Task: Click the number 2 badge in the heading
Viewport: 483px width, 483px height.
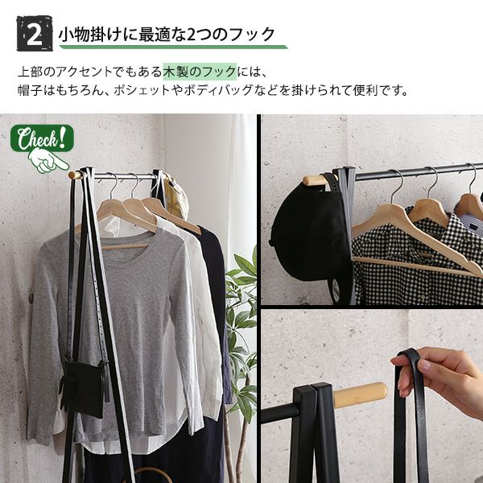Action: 35,33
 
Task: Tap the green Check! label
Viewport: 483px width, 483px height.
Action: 42,138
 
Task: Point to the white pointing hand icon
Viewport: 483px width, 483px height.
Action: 48,161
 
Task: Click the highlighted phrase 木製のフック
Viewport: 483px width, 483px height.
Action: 200,72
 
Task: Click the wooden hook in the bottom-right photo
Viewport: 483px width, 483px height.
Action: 360,395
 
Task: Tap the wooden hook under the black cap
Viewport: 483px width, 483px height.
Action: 315,180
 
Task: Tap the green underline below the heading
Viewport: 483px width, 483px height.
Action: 173,47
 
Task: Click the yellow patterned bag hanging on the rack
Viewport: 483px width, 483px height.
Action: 175,198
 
